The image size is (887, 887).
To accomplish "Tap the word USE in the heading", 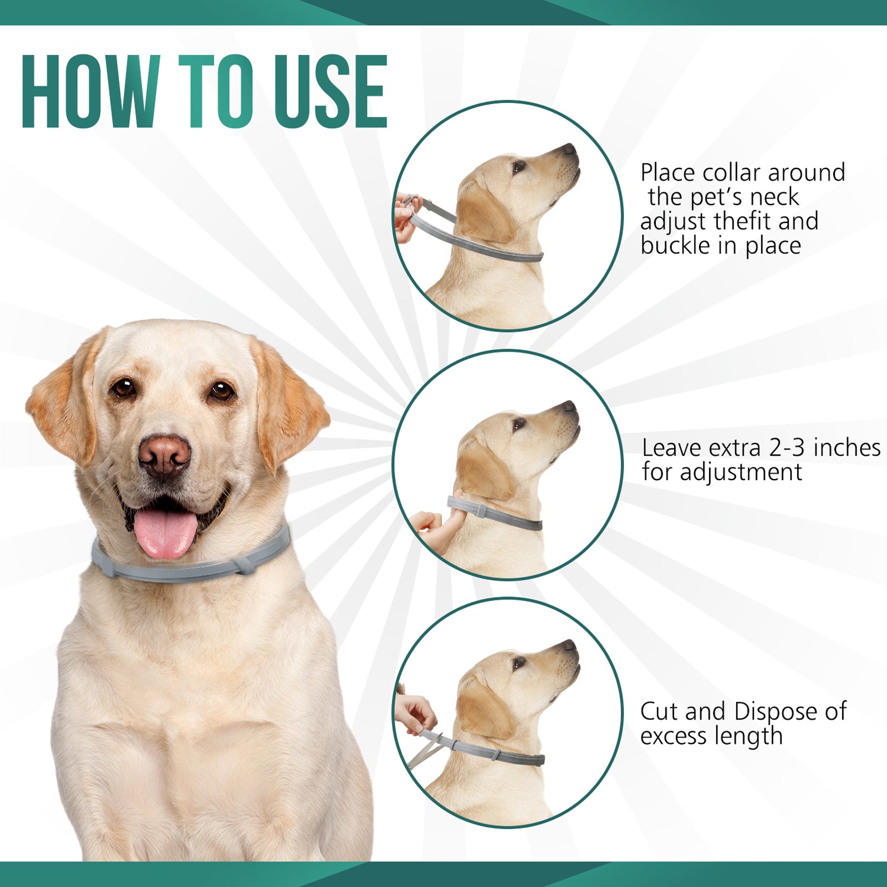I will (330, 91).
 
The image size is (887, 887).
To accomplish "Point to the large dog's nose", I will (164, 455).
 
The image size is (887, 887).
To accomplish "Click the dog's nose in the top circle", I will (570, 149).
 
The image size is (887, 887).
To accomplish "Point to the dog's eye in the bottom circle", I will (519, 662).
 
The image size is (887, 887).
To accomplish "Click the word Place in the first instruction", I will (667, 173).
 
